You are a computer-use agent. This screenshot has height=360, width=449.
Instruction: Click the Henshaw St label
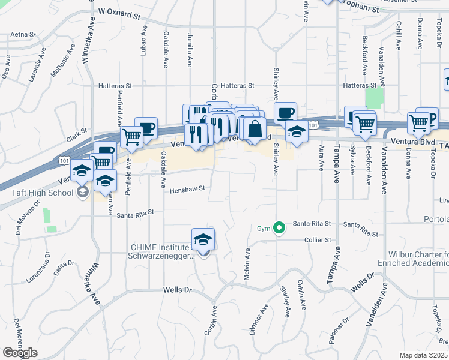tap(187, 188)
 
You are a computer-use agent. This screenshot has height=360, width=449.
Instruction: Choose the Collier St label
tap(319, 240)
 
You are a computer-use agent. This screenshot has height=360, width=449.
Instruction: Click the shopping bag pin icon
tap(255, 128)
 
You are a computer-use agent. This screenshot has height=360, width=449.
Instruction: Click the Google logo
tap(20, 353)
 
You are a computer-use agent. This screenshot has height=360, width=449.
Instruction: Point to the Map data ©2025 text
tap(424, 355)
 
